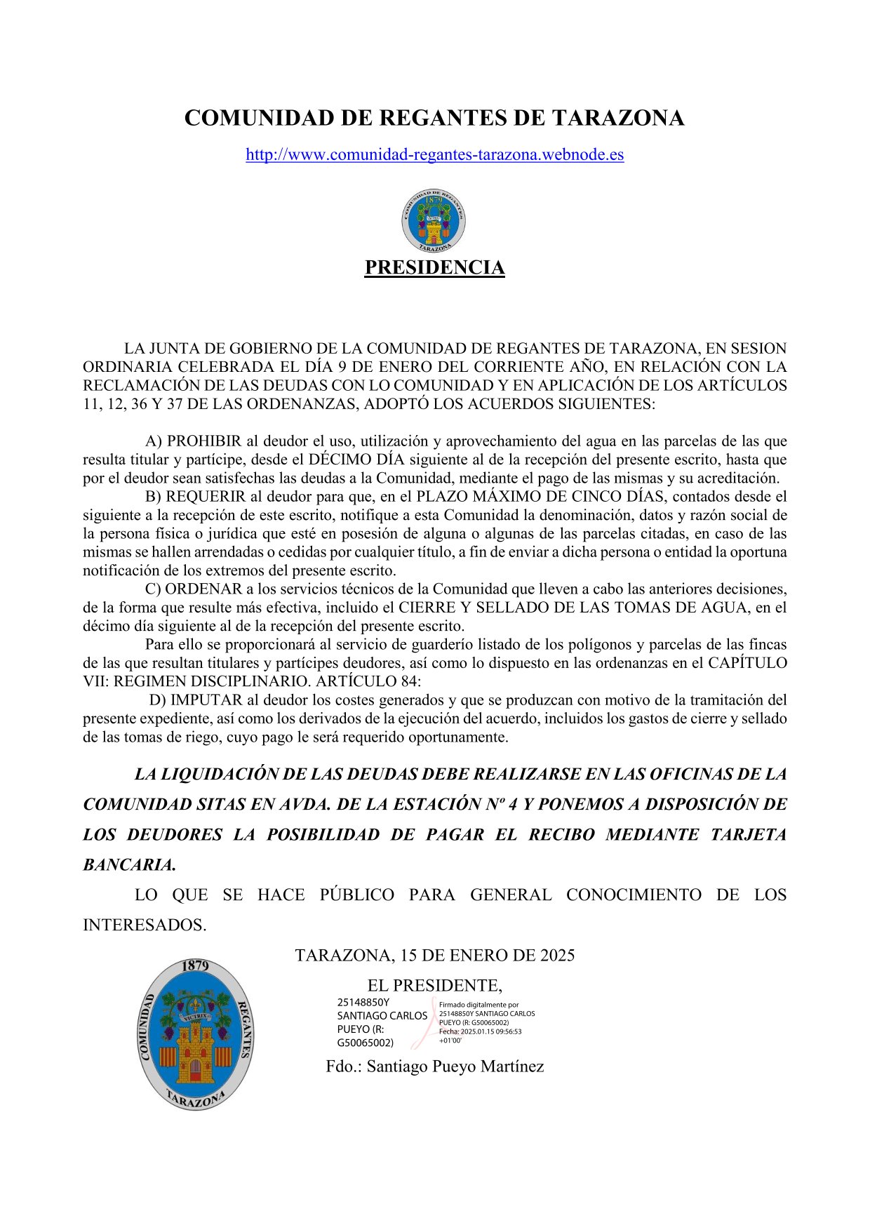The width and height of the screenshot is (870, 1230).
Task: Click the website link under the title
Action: click(x=434, y=155)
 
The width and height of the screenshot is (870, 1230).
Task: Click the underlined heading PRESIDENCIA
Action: click(x=434, y=267)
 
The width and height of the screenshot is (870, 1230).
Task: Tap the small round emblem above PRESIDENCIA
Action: click(x=434, y=220)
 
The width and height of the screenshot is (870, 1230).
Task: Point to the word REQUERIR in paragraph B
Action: click(x=206, y=497)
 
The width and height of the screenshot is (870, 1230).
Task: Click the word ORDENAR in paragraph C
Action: click(x=203, y=589)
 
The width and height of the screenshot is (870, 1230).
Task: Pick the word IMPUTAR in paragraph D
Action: click(x=206, y=700)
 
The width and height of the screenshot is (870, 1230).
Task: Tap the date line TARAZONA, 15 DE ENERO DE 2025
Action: click(x=434, y=955)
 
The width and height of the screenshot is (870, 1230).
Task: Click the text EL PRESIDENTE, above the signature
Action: click(x=434, y=985)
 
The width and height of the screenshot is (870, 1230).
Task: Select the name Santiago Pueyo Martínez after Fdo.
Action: click(x=455, y=1067)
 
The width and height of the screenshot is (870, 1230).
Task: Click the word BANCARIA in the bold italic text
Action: click(x=128, y=864)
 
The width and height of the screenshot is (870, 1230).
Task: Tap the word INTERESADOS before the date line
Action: click(x=144, y=925)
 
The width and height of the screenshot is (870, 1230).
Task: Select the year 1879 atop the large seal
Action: click(x=195, y=965)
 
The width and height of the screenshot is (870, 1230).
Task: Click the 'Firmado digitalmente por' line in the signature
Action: click(x=479, y=1005)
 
